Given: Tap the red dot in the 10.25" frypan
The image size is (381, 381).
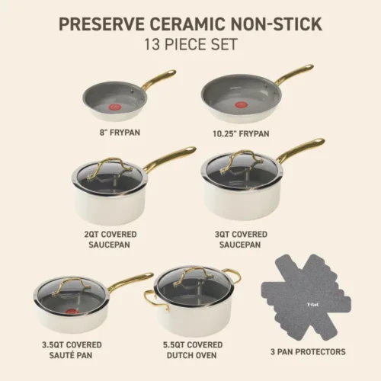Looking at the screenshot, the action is pos(240,104).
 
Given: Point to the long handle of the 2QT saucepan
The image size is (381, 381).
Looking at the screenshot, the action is pos(170,158).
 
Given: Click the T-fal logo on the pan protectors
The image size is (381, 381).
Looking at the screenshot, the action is pos(312,305).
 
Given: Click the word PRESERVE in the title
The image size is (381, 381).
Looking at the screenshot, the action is pos(102,24).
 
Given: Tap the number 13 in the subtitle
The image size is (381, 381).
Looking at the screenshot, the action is pos(152,44).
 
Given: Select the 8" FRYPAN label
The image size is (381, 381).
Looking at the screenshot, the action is pos(120,133).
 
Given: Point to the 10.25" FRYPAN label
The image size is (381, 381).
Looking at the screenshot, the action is pos(241,134).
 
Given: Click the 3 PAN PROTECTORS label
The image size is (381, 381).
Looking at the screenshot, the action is pos(308,352).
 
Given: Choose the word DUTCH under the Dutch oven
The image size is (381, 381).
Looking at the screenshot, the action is pos(180,355).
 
